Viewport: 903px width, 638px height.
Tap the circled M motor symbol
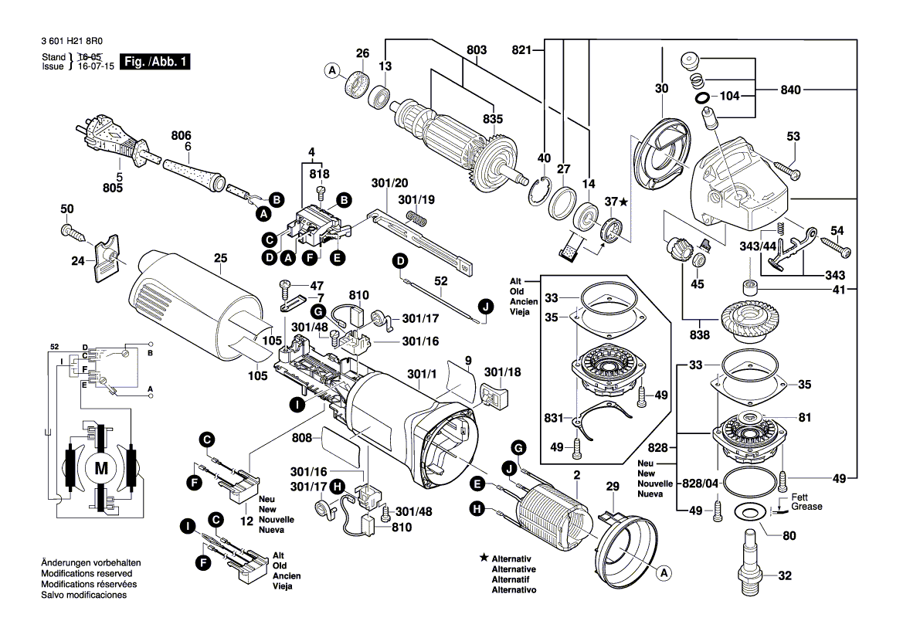coord(102,468)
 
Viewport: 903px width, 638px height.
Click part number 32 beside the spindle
coord(785,575)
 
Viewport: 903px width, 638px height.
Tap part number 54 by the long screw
coord(837,230)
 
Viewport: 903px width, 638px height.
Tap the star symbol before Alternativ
coord(484,557)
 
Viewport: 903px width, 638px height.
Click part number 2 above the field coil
coord(575,473)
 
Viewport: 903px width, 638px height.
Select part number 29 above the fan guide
coord(613,487)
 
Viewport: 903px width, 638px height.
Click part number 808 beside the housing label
coord(303,438)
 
